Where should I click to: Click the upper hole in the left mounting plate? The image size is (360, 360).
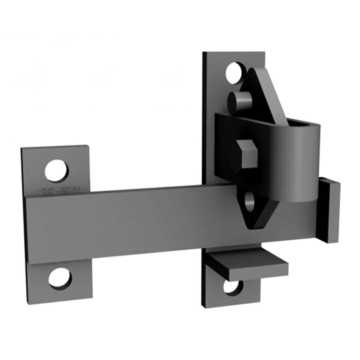tap(57, 171)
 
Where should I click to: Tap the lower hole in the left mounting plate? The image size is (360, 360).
tap(60, 278)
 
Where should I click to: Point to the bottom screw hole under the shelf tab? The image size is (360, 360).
tap(234, 287)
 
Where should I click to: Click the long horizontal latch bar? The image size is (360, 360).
tap(135, 220)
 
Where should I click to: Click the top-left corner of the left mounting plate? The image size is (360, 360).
tap(22, 149)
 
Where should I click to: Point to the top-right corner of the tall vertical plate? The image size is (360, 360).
tap(264, 52)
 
